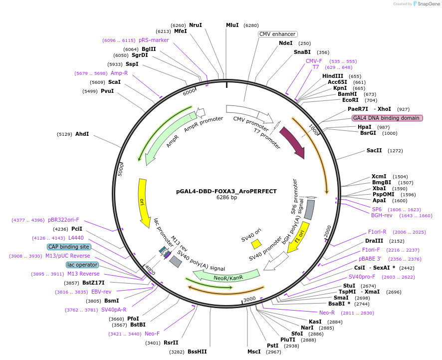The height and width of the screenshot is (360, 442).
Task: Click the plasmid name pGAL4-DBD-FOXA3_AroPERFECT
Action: (x=226, y=191)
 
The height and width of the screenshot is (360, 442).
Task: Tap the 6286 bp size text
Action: (x=226, y=198)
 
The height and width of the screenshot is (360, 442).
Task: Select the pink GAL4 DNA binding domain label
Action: (x=387, y=118)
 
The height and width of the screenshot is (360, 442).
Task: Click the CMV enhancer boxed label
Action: (x=278, y=34)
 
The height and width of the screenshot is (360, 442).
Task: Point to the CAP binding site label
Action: (x=69, y=247)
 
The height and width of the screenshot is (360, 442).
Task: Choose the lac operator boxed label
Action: (x=82, y=265)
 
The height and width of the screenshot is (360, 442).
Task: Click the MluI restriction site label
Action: (x=232, y=25)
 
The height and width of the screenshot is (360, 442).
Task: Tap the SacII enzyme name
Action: (x=374, y=150)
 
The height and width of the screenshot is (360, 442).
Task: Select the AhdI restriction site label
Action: (x=82, y=134)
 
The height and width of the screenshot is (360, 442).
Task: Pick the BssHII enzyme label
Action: (x=197, y=352)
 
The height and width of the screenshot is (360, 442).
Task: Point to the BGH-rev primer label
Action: (x=382, y=216)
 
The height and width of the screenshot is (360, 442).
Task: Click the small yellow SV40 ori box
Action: (x=256, y=244)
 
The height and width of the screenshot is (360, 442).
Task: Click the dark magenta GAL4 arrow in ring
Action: (x=293, y=142)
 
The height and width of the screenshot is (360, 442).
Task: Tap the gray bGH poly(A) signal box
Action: (x=309, y=210)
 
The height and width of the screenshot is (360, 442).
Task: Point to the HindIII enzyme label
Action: (x=333, y=76)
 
